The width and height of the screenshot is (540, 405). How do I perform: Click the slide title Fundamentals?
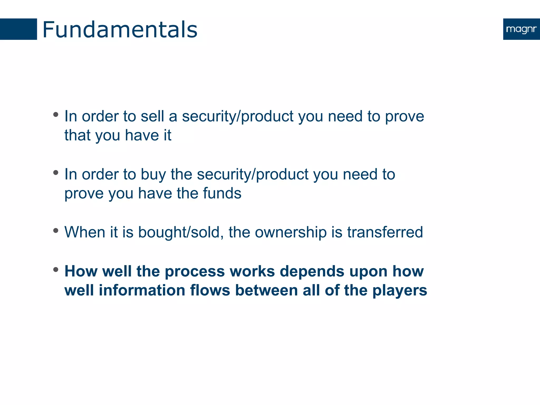[x=120, y=30]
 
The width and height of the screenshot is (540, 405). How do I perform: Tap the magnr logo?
[x=521, y=29]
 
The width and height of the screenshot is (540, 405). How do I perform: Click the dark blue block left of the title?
[x=18, y=29]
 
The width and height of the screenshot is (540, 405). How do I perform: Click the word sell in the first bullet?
[x=152, y=116]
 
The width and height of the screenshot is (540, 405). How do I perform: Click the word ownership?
[x=291, y=233]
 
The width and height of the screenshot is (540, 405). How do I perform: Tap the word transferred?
[x=385, y=232]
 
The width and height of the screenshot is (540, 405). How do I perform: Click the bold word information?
[x=142, y=290]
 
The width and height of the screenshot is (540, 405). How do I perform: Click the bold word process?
[x=195, y=272]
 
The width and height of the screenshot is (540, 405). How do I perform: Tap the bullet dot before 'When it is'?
[x=56, y=231]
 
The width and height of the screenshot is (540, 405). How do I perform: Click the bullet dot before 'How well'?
[x=56, y=269]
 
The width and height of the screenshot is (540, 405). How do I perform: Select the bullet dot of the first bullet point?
[x=56, y=114]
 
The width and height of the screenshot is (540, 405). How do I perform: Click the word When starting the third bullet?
[x=85, y=232]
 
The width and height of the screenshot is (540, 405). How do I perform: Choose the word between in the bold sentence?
[x=266, y=290]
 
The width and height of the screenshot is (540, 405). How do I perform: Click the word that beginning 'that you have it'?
[x=77, y=135]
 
